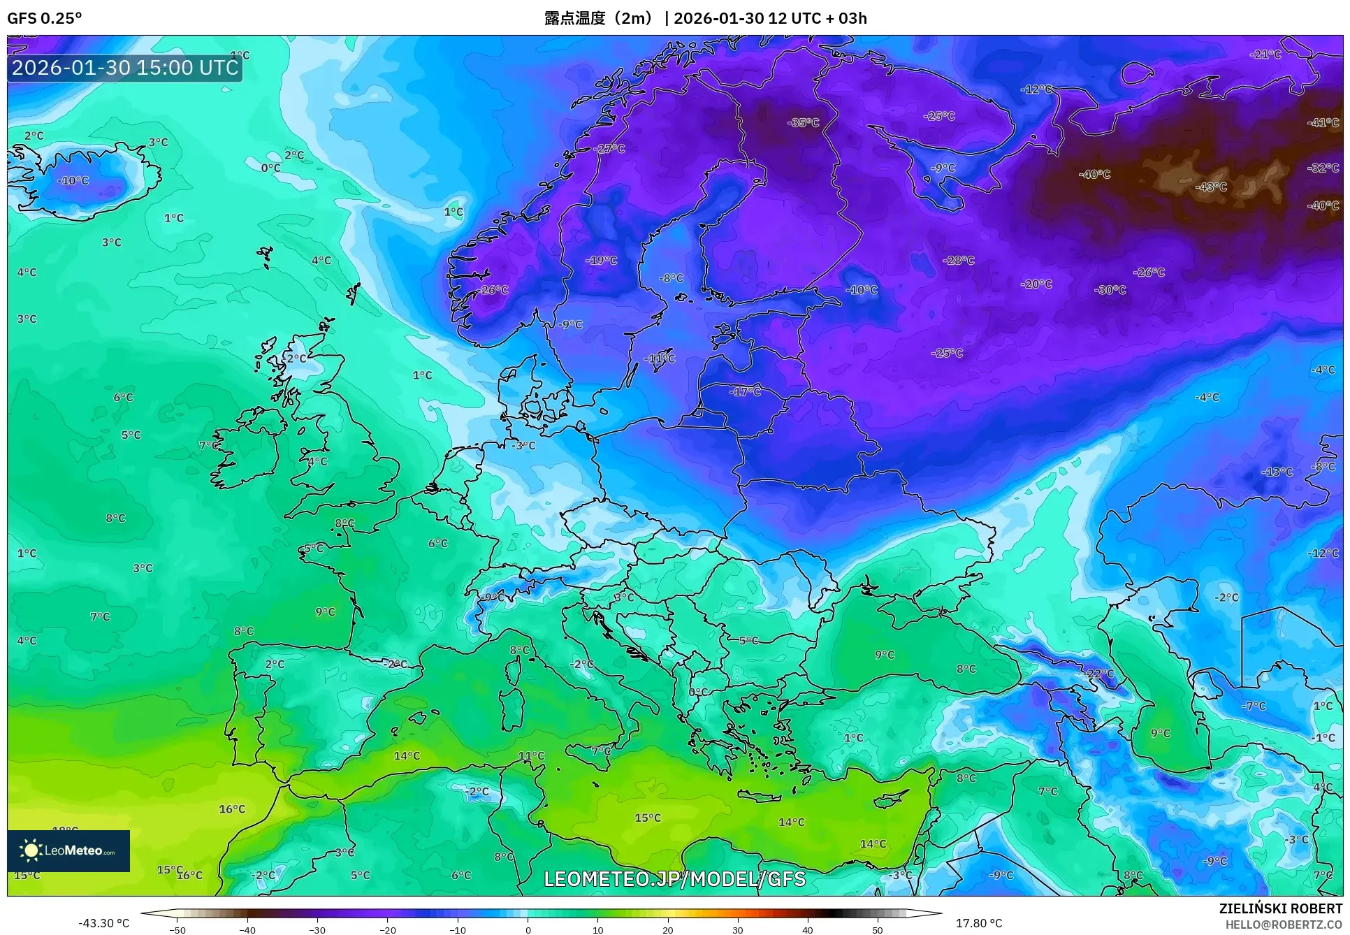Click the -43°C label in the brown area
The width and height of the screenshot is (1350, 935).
click(1211, 187)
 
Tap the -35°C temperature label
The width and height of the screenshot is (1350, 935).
click(803, 122)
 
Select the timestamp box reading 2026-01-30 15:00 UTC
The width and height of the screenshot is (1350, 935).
click(125, 68)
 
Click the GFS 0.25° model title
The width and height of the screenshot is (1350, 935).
click(44, 18)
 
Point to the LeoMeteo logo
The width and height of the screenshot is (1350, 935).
click(68, 850)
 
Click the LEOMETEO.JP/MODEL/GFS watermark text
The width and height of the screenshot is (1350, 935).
click(674, 878)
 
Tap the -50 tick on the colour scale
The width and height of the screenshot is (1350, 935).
click(177, 929)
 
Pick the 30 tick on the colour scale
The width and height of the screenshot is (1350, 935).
click(738, 929)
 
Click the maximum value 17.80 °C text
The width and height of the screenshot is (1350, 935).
click(978, 923)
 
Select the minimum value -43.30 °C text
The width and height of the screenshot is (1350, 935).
click(103, 923)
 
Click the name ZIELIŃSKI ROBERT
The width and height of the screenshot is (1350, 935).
click(1280, 908)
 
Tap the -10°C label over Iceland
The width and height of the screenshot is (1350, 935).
click(73, 180)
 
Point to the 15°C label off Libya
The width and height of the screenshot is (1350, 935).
click(647, 818)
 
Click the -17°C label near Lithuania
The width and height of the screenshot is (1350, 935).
click(745, 391)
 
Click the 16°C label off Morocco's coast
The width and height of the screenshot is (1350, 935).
click(232, 809)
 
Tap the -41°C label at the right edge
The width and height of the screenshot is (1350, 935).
click(1323, 122)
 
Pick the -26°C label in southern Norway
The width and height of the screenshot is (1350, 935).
click(493, 289)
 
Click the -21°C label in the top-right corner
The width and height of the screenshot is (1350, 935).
click(1265, 54)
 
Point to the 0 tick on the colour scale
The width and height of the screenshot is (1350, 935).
click(528, 929)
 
